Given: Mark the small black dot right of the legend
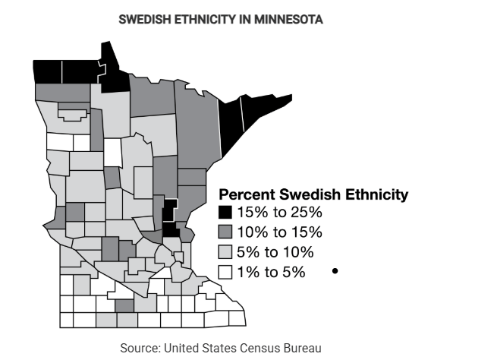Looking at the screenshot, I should point(334,270).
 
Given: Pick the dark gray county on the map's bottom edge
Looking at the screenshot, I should point(124,305).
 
